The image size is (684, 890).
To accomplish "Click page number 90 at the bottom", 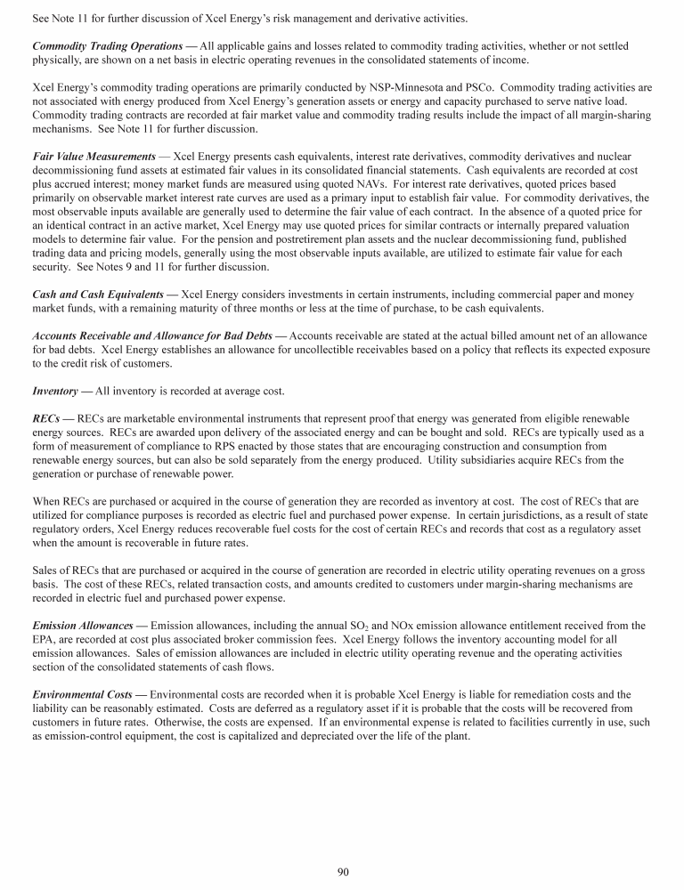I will coord(342,872).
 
